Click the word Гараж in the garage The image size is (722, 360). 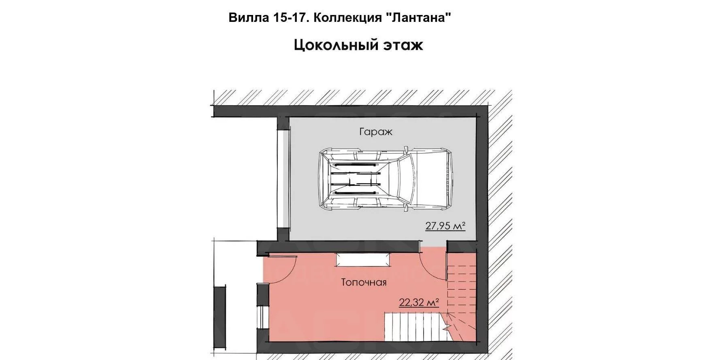click(376, 132)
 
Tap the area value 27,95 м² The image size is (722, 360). click(445, 226)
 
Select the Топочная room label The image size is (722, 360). click(364, 282)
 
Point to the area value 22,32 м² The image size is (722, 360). click(419, 302)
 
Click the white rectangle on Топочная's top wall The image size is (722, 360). click(362, 260)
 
